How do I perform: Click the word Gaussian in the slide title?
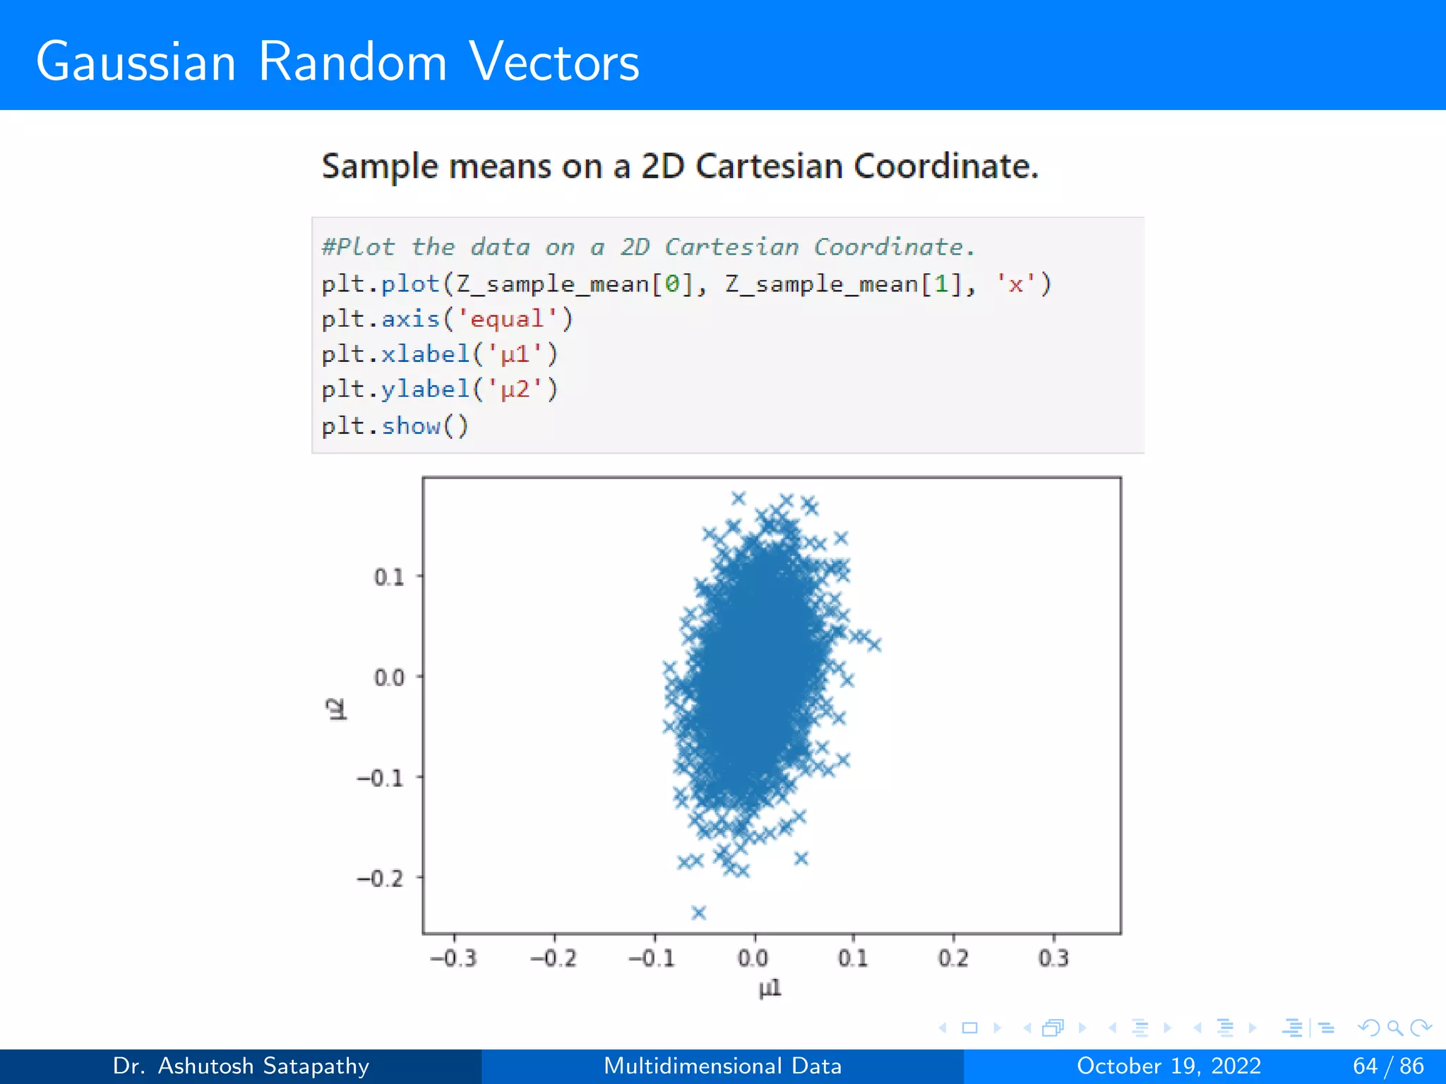(136, 62)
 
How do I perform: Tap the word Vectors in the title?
(554, 62)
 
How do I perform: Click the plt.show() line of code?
(395, 426)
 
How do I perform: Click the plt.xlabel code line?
(439, 354)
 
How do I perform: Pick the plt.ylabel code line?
(439, 390)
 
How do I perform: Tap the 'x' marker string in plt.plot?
(1015, 284)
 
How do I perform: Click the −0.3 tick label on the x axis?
(453, 958)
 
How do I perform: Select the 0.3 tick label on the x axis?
(1053, 958)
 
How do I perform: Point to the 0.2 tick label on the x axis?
(953, 958)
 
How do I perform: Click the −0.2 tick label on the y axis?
(380, 879)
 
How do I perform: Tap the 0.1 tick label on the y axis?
(389, 577)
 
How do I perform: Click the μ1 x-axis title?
(770, 989)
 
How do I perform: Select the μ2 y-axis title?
(337, 709)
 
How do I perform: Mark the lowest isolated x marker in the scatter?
(699, 913)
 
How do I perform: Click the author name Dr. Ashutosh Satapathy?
(241, 1066)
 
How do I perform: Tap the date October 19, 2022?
(1169, 1066)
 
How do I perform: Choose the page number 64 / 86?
(1388, 1066)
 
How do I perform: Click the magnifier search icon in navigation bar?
(1394, 1028)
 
